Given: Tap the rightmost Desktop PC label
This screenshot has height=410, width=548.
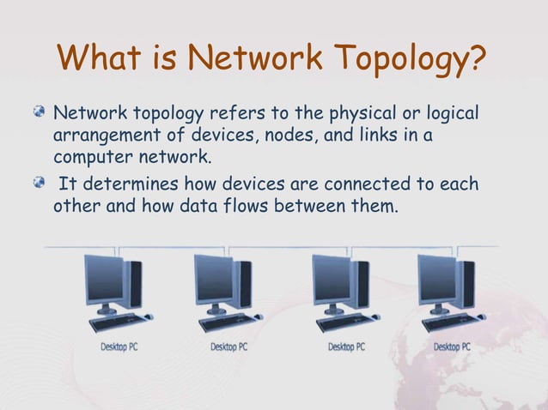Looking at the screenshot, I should pos(453,347).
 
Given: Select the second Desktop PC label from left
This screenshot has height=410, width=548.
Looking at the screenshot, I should pos(228,347).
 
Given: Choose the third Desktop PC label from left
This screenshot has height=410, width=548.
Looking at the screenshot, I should pos(346,347).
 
